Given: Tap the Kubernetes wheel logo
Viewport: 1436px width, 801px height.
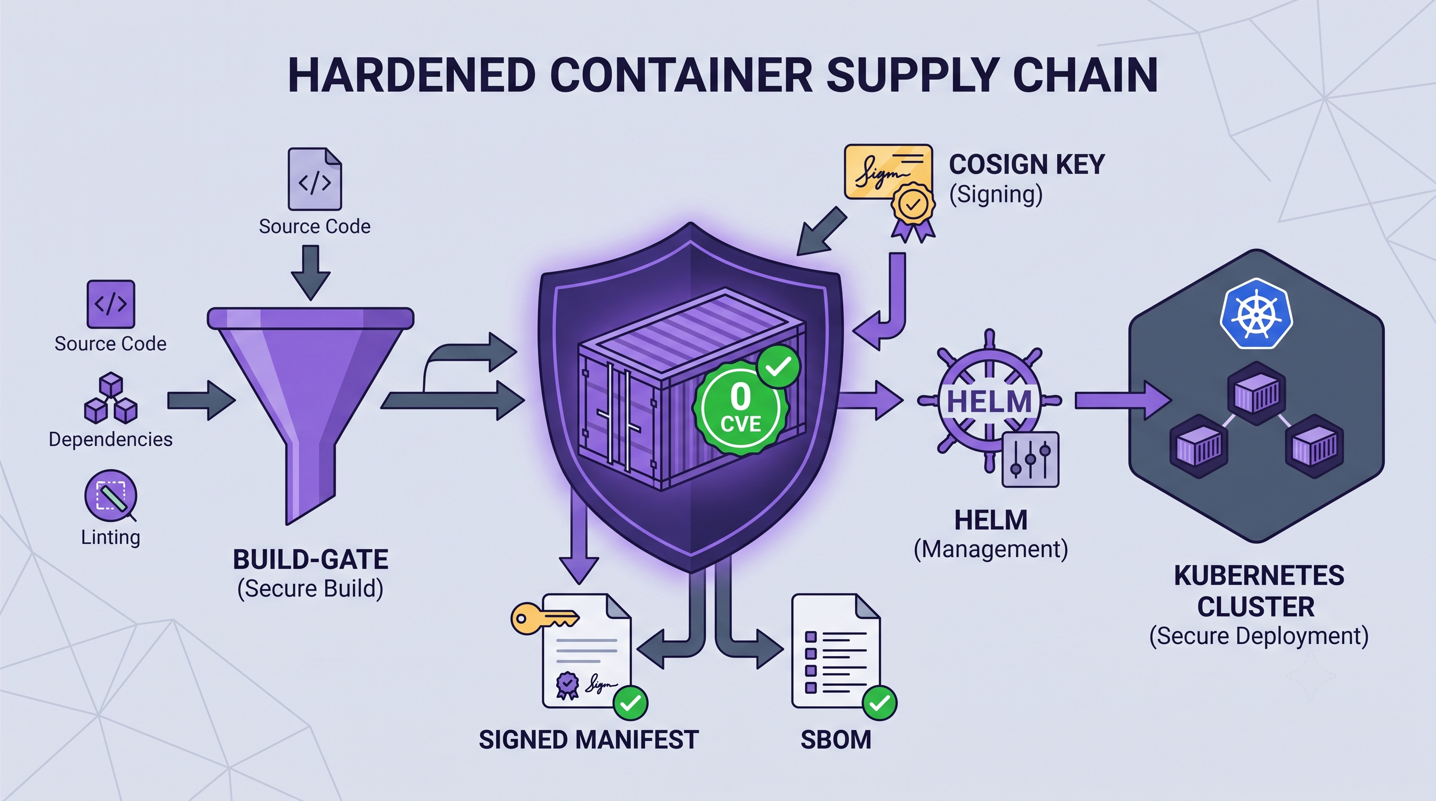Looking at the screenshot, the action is [x=1256, y=313].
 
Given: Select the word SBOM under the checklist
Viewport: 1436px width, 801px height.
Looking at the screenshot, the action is [x=835, y=740].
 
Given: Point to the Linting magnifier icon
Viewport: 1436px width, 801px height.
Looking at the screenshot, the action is [x=111, y=496].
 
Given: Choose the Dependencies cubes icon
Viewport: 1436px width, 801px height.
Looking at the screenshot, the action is [x=111, y=398].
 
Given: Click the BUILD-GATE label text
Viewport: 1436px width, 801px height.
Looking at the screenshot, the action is [x=310, y=559].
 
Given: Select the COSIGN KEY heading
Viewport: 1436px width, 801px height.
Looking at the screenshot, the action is [x=1026, y=164].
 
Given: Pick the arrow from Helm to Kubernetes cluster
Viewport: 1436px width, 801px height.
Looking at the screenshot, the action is [x=1123, y=400].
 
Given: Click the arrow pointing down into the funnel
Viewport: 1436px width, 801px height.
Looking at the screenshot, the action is [x=310, y=272].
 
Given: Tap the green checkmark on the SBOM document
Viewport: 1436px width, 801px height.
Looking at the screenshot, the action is [x=879, y=703].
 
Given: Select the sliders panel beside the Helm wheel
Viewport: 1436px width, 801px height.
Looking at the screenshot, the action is [x=1030, y=459].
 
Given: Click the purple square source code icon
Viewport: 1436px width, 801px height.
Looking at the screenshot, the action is [x=111, y=304].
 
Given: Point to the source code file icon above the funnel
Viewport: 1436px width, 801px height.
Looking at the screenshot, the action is [x=315, y=179].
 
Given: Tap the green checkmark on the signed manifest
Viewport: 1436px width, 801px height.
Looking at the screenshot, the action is [x=630, y=703].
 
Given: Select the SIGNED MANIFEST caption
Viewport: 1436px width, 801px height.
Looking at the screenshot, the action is [x=589, y=740].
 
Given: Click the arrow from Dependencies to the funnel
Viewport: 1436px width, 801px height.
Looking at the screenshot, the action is [x=201, y=400].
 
